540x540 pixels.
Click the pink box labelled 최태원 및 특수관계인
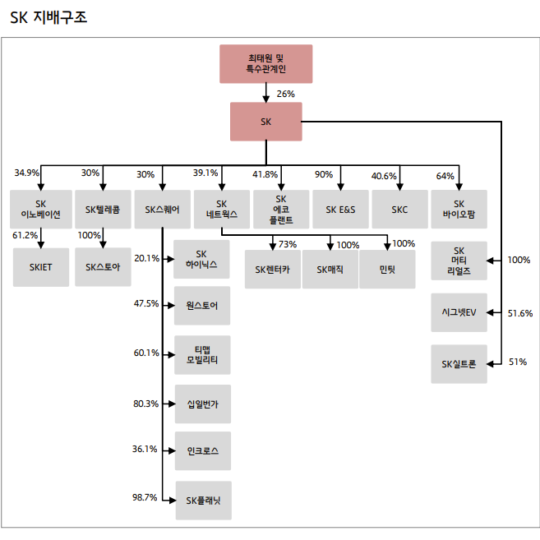tap(265, 63)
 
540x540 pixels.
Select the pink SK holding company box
tap(265, 122)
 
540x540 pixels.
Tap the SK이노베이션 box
tap(40, 210)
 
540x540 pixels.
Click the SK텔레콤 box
tap(103, 210)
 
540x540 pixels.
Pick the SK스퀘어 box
tap(162, 210)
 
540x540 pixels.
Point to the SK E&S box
tap(340, 210)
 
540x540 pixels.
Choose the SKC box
tap(399, 210)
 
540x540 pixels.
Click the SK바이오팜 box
tap(459, 210)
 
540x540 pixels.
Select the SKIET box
tap(40, 267)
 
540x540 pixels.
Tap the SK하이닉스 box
tap(202, 259)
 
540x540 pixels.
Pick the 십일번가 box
tap(202, 404)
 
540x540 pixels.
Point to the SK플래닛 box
tap(202, 500)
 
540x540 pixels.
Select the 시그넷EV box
tap(459, 312)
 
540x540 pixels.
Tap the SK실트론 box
tap(459, 363)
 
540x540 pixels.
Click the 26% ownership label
tap(285, 94)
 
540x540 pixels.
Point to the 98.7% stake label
tap(145, 497)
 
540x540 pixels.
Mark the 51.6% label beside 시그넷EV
tap(520, 313)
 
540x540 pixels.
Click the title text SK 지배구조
tap(48, 16)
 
